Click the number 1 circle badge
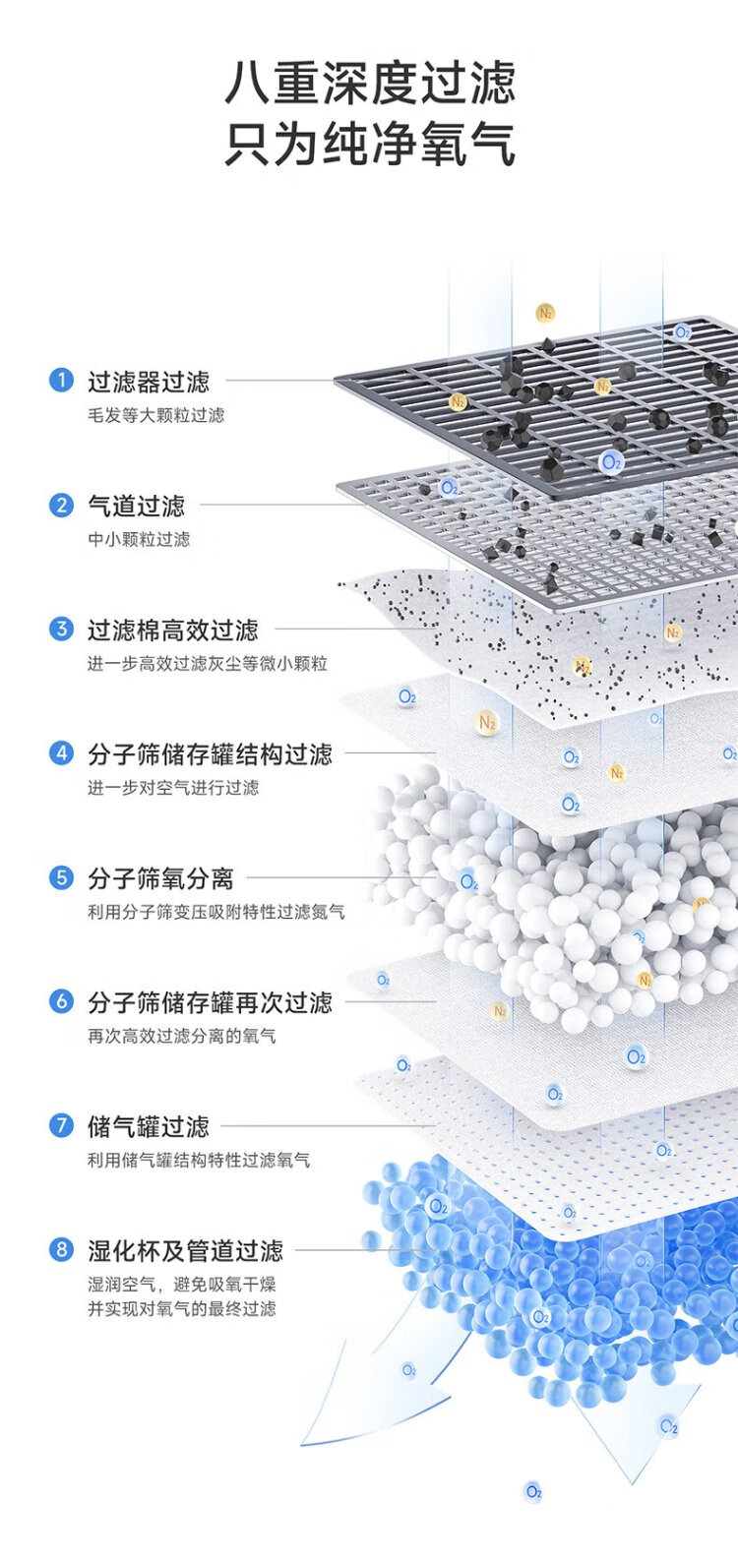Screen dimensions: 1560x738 click(x=61, y=381)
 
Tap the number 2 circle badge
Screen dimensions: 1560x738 click(x=61, y=506)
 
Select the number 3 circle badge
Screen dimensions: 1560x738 click(x=61, y=630)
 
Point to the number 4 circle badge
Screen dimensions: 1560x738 click(x=61, y=753)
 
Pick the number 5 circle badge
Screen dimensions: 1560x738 click(x=61, y=877)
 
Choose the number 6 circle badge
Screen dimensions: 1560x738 click(x=61, y=1002)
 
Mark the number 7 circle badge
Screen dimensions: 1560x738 click(x=61, y=1126)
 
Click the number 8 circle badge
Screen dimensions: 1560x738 click(x=61, y=1250)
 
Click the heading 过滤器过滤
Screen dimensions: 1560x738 click(x=149, y=381)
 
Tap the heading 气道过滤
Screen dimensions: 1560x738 click(x=136, y=506)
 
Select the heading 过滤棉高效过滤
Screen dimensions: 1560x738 click(x=173, y=630)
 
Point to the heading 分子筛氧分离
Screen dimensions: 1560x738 click(x=160, y=877)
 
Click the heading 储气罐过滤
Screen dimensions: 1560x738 click(x=149, y=1126)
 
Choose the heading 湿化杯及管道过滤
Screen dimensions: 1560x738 click(x=185, y=1250)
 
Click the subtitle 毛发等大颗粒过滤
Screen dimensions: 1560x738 click(x=155, y=415)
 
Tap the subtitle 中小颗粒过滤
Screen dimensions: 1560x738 click(x=139, y=539)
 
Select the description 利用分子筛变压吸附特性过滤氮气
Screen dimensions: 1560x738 click(x=216, y=912)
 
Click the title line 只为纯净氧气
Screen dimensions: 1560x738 click(x=370, y=144)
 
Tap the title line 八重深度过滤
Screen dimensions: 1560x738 click(x=370, y=83)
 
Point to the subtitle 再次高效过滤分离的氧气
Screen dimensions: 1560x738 click(x=182, y=1036)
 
